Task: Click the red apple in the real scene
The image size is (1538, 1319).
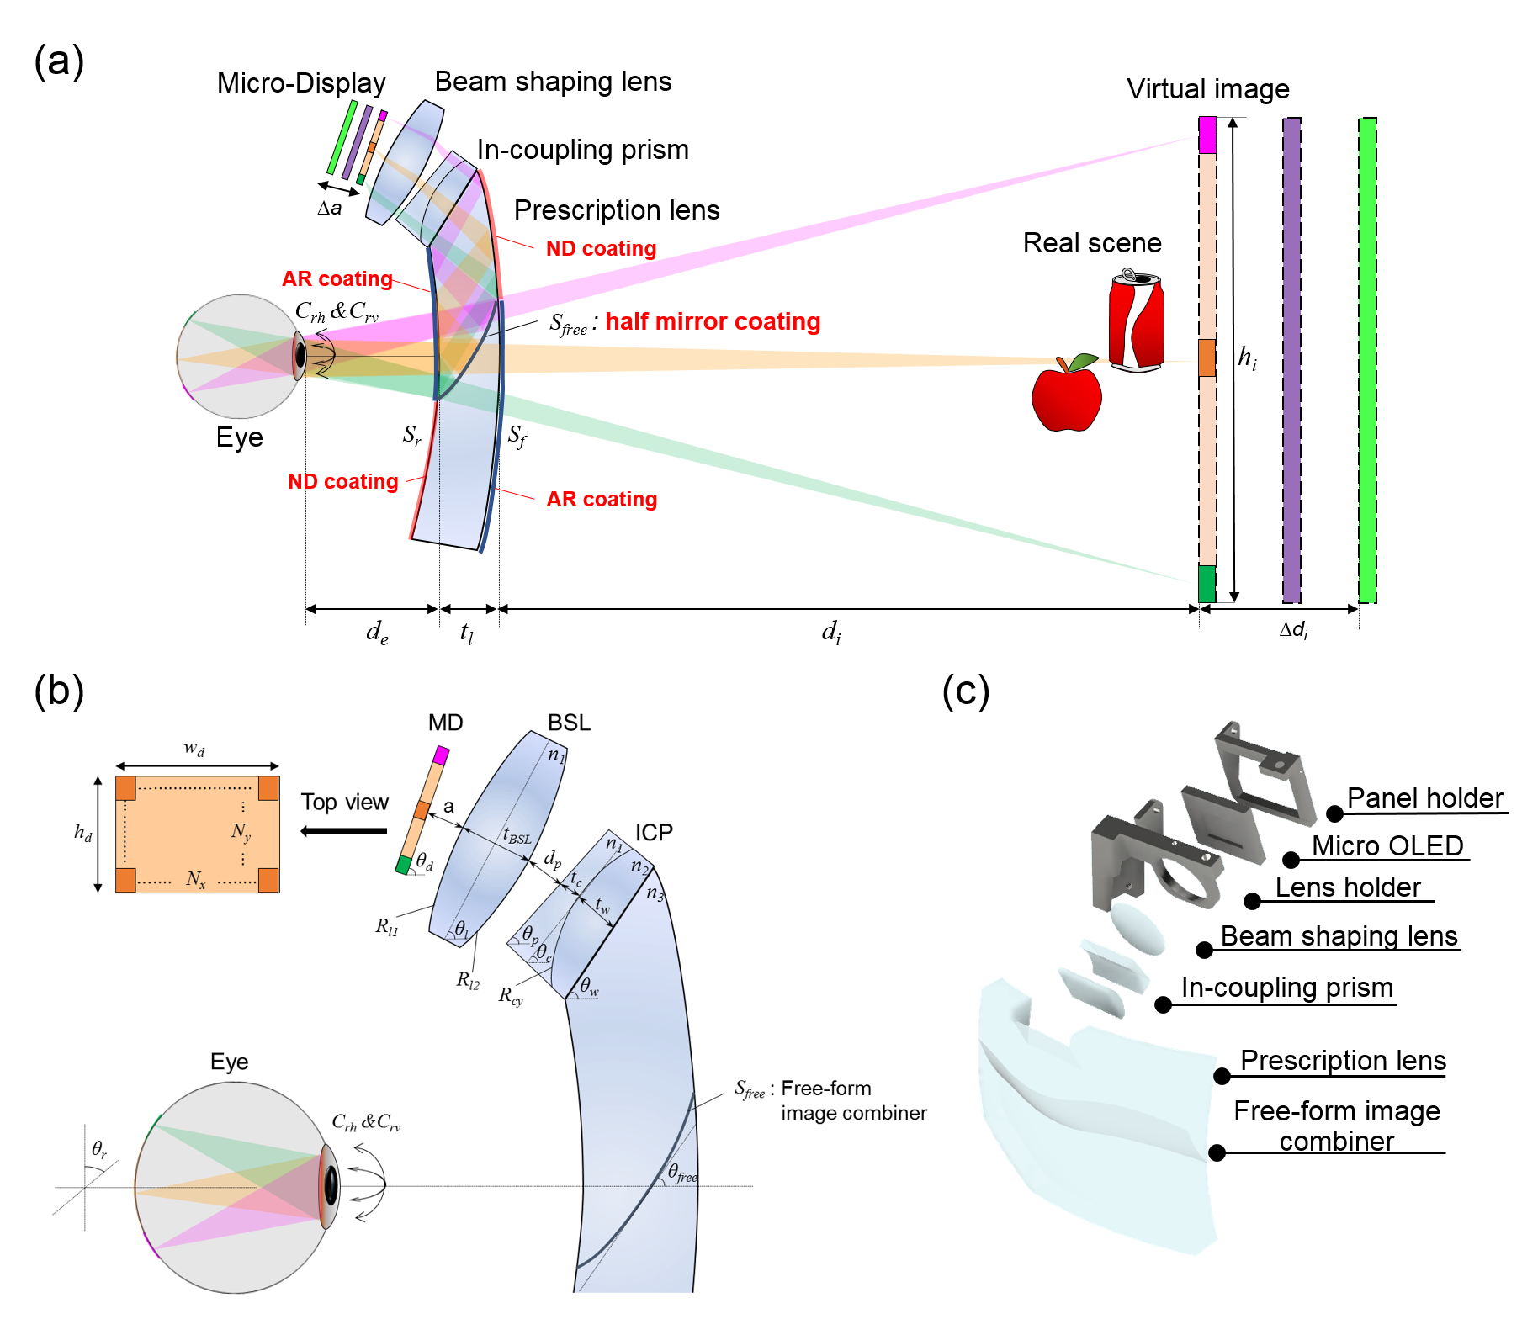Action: click(1066, 398)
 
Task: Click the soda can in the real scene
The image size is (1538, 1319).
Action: click(1136, 322)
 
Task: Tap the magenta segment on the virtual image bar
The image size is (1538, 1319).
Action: click(1207, 135)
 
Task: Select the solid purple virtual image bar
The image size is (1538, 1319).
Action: click(1291, 360)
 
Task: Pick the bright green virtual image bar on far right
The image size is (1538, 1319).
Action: click(1367, 360)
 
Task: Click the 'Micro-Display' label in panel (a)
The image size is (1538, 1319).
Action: click(300, 83)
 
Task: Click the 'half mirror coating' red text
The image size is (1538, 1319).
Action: click(713, 321)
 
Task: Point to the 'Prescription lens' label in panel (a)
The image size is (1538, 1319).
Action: click(616, 209)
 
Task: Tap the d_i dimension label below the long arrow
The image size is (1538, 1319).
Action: click(830, 631)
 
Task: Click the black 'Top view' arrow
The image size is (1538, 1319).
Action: click(343, 831)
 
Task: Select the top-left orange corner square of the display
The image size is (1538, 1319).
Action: click(125, 788)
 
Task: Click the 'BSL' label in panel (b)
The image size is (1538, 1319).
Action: click(569, 723)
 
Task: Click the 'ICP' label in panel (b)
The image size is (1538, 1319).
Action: click(654, 832)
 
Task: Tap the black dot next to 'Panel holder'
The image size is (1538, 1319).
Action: click(1334, 813)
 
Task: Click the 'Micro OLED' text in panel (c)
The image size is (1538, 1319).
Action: click(1387, 845)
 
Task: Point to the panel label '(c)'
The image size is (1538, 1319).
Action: click(965, 691)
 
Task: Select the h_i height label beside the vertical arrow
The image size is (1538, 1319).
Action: click(1247, 358)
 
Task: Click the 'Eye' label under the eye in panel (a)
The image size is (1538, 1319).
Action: click(239, 437)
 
